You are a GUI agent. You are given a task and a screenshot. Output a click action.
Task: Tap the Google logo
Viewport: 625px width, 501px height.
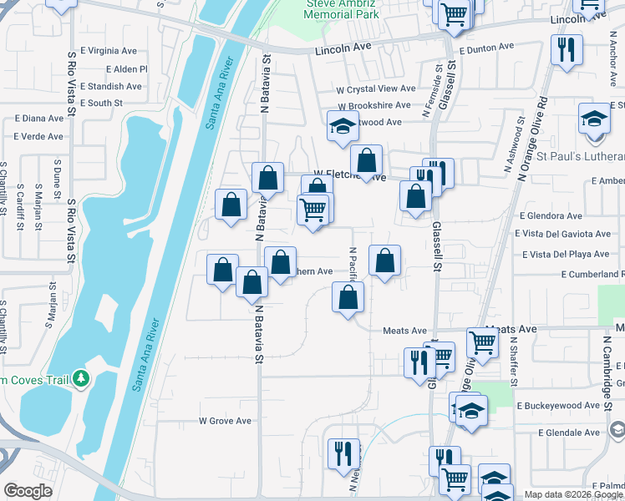pos(28,491)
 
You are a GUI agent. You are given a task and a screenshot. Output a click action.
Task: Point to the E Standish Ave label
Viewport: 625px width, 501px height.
pos(112,86)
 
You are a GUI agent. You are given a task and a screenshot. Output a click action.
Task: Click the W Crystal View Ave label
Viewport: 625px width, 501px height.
pos(375,89)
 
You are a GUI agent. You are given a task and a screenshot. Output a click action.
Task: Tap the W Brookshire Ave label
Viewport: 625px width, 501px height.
pos(373,105)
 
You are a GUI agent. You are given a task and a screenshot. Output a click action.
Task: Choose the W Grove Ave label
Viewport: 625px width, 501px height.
pos(225,421)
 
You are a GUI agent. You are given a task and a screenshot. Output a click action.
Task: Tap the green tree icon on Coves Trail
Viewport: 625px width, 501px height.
pos(80,379)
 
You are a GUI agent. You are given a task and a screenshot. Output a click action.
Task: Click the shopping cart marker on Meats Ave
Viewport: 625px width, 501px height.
pos(482,341)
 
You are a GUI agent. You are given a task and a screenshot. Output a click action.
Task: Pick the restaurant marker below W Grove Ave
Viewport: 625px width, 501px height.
pos(343,453)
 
